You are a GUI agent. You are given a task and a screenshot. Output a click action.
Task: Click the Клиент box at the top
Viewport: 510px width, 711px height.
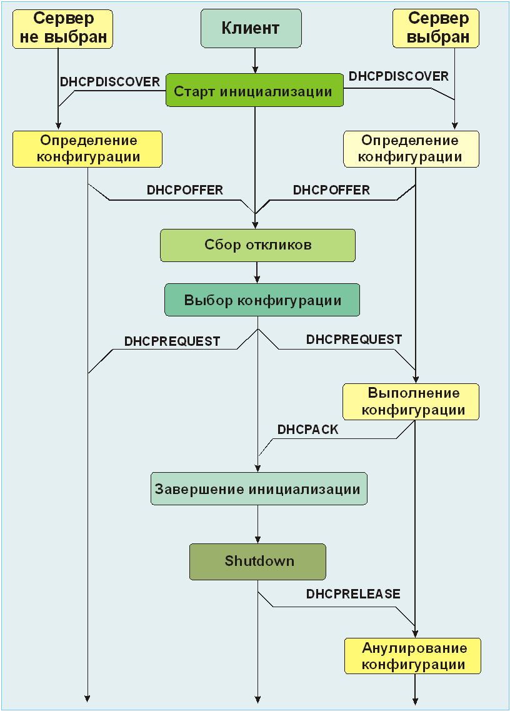pos(251,29)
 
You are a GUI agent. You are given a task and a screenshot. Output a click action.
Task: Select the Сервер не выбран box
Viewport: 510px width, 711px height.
pos(62,29)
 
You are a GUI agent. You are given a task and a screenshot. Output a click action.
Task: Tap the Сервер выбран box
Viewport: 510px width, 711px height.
pos(436,29)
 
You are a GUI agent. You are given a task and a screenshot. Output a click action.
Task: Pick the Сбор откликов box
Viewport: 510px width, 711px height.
pos(257,245)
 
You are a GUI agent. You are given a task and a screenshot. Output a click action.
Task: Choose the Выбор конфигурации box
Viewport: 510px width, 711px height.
pos(262,300)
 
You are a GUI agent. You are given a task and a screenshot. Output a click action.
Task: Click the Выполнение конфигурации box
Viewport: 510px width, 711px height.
pos(411,401)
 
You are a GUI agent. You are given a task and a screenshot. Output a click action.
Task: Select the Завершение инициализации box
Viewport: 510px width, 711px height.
pos(259,489)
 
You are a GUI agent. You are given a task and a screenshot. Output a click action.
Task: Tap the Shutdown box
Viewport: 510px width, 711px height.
pos(258,561)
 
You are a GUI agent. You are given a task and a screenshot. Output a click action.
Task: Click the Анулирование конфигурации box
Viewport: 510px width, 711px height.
pos(413,655)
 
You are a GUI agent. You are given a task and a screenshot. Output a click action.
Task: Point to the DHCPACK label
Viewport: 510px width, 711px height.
pos(308,430)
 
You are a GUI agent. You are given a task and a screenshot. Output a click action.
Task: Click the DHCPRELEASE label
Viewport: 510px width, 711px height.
pos(353,593)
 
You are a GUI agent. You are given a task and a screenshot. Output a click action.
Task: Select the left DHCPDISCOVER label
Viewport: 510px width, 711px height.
pos(110,82)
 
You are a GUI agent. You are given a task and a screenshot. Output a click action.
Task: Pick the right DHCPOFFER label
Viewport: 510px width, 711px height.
pos(331,189)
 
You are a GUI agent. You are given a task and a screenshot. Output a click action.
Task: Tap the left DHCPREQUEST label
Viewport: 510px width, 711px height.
pos(172,341)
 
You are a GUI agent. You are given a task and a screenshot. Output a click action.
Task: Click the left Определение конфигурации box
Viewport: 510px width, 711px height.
pos(87,148)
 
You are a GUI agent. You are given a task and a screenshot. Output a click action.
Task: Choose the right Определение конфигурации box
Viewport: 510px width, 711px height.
pos(411,149)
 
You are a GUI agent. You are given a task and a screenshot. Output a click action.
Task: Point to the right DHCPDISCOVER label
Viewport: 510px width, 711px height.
pos(399,76)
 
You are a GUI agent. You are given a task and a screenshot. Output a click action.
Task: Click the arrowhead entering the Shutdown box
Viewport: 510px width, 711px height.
pos(257,540)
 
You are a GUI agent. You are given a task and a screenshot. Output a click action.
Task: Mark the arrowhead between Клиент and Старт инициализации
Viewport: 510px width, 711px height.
pos(254,69)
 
